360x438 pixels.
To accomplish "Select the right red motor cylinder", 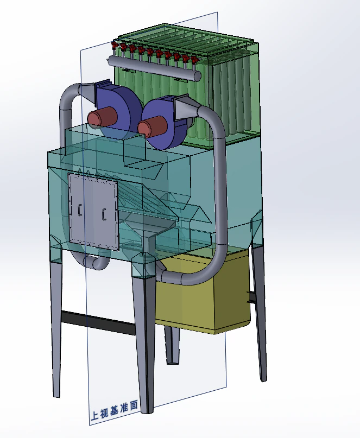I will [x=151, y=126].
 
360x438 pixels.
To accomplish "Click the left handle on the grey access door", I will [x=80, y=210].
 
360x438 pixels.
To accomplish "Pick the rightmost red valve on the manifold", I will [x=194, y=59].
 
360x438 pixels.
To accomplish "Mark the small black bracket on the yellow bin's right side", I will [x=251, y=297].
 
